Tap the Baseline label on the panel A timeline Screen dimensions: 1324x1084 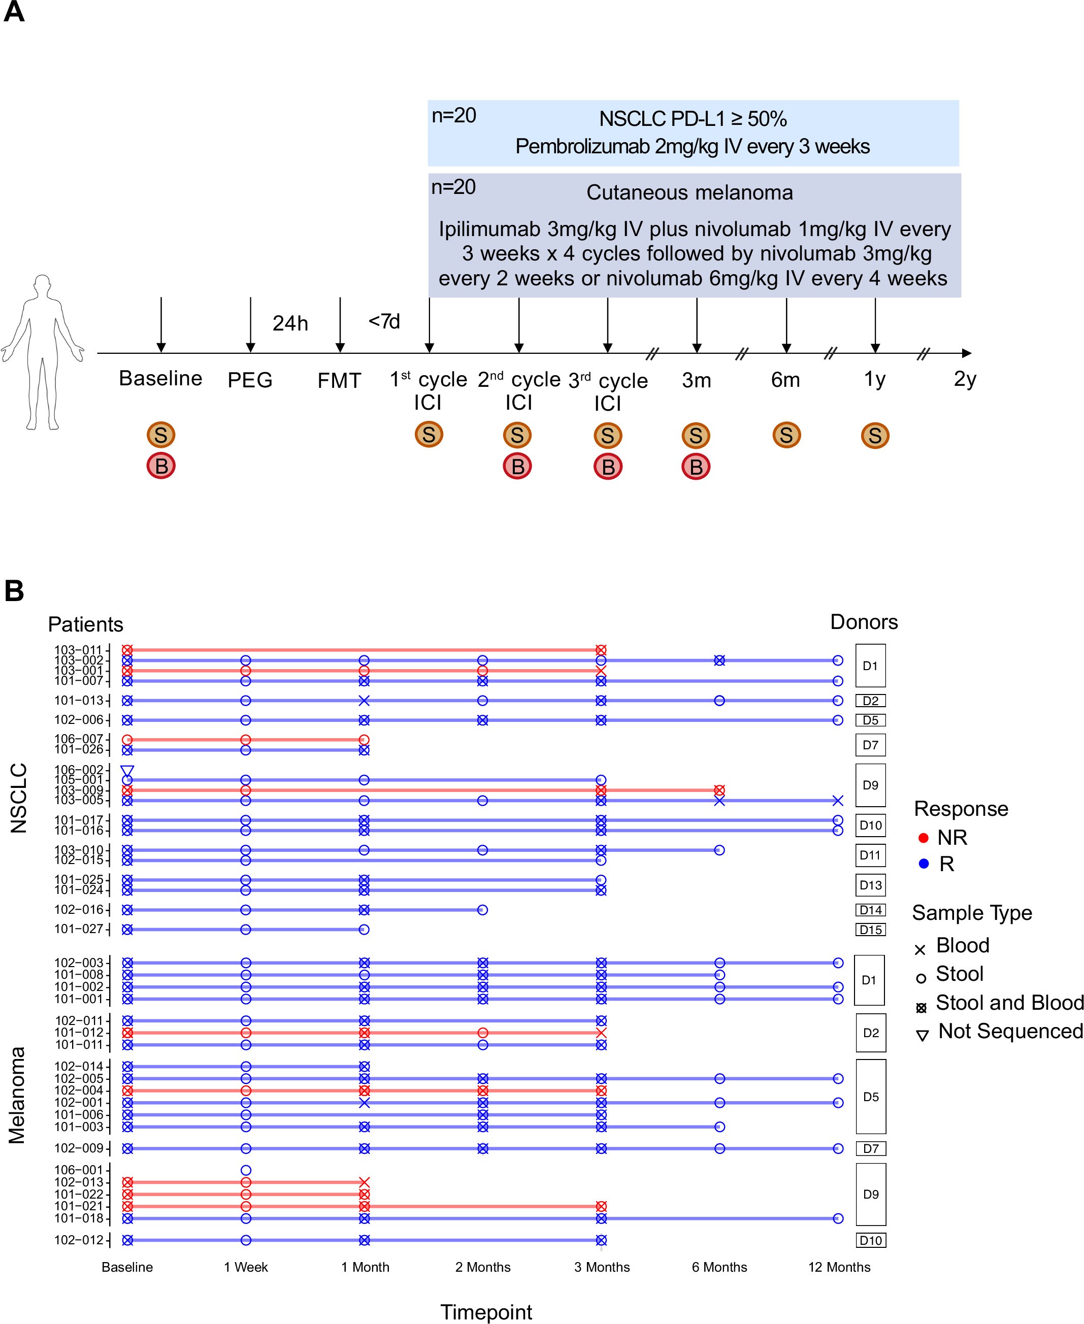[160, 378]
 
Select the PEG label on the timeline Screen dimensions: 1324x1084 [250, 380]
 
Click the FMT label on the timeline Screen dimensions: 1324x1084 [339, 380]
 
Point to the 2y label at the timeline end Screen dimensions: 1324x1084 [965, 379]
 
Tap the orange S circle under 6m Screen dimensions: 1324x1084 [786, 435]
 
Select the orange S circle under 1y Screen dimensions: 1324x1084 [875, 436]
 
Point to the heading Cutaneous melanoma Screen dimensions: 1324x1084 [689, 193]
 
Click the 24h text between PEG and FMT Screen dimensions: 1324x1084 [290, 323]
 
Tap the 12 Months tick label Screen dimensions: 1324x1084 [839, 1267]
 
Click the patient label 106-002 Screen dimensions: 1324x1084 [79, 770]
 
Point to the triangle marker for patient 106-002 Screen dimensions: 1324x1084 [127, 771]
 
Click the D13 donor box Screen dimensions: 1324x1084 [870, 885]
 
